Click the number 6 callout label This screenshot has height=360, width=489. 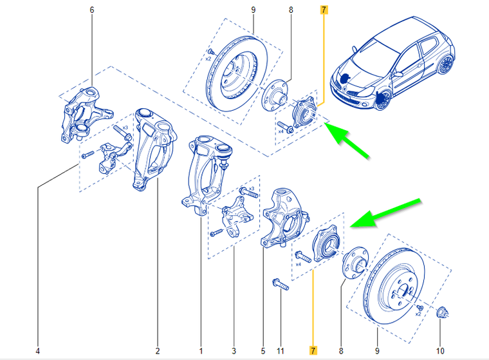click(92, 10)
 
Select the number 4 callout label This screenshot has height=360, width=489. click(38, 351)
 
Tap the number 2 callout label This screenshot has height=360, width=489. click(157, 351)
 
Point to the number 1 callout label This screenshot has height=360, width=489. click(201, 351)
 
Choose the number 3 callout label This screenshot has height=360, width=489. click(234, 351)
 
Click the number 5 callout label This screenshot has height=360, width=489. click(263, 351)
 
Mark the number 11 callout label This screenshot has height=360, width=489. click(281, 351)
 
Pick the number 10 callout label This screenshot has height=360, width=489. click(440, 351)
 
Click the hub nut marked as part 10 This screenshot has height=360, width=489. click(442, 314)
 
